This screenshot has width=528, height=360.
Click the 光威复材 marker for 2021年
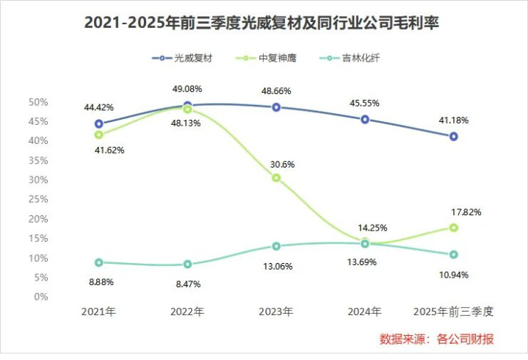[99, 123]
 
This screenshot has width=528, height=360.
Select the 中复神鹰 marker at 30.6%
[276, 178]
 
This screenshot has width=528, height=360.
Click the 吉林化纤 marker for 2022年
[187, 264]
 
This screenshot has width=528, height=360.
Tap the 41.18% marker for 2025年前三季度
[454, 137]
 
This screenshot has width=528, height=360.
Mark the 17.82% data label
[466, 212]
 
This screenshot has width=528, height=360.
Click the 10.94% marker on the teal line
[454, 254]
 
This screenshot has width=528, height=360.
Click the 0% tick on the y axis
[41, 298]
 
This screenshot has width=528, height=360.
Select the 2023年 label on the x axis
[276, 312]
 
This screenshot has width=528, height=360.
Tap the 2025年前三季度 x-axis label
[454, 312]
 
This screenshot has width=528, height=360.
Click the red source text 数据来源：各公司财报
[436, 339]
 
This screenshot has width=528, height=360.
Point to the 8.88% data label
[99, 281]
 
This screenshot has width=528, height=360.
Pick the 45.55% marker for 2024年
[365, 119]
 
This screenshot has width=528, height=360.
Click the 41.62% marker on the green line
[99, 134]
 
